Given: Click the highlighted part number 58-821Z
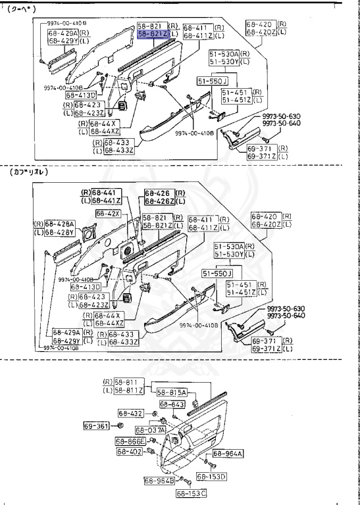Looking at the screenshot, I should click(153, 34).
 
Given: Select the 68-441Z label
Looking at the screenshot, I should click(105, 201).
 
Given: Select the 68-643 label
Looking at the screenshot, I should click(172, 404).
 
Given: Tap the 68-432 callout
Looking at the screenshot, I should click(131, 413).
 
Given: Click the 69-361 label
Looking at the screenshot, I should click(96, 426).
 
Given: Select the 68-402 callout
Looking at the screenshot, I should click(130, 452).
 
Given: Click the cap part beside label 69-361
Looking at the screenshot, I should click(119, 427).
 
